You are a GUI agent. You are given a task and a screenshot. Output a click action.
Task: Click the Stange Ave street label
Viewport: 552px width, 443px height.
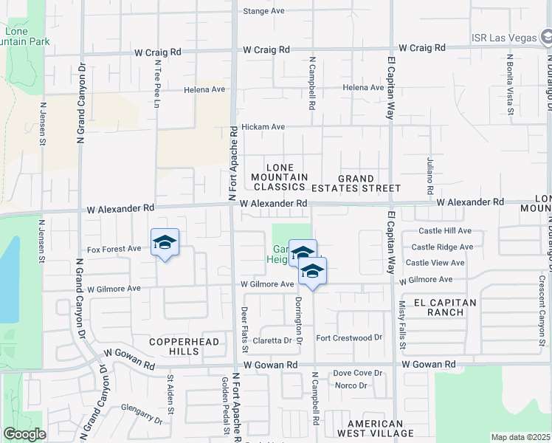263,11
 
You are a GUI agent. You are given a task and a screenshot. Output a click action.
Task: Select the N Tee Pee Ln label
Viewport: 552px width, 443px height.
157,84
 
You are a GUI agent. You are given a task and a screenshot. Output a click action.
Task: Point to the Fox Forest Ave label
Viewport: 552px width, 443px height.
114,250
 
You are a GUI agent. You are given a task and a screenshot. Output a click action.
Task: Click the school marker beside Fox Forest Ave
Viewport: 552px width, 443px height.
165,243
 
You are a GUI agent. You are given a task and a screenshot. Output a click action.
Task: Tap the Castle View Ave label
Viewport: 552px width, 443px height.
435,263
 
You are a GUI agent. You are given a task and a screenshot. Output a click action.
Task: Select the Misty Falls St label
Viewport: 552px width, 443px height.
401,325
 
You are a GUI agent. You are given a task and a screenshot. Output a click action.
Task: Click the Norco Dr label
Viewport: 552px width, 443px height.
351,385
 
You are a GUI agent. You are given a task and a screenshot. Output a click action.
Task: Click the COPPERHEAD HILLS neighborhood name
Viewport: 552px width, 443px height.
175,346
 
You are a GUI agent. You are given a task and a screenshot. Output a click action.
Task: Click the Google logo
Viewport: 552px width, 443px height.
24,434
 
